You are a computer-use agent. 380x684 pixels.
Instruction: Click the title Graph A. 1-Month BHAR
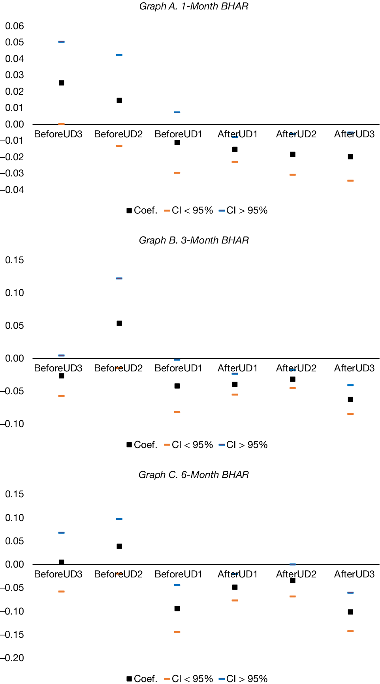194,6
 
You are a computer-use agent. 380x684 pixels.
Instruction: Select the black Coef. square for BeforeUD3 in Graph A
62,83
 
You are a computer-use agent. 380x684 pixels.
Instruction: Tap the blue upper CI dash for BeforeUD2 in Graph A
119,55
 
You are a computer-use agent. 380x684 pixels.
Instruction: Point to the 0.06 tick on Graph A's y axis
15,26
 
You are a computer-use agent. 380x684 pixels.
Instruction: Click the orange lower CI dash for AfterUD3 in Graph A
350,180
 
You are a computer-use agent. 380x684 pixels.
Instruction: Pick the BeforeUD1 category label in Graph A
178,134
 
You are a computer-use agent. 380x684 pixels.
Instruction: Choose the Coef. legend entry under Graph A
142,210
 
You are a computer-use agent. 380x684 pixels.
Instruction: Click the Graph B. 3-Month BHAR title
194,240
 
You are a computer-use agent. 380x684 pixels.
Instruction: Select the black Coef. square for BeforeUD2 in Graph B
119,323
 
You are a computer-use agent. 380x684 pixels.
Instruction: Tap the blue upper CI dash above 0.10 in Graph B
119,278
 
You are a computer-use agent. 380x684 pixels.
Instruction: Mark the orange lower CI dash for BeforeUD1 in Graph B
177,412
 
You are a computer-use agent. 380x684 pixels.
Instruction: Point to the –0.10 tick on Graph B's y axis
12,424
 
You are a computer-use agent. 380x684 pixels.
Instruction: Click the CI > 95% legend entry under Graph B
243,445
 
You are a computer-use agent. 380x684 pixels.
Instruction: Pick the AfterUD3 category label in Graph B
354,368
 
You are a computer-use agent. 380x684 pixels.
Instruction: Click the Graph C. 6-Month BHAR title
194,475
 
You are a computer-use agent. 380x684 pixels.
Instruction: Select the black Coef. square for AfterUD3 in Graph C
350,612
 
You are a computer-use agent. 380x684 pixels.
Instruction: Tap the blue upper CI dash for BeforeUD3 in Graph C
62,532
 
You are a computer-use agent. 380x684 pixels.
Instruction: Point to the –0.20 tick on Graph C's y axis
12,658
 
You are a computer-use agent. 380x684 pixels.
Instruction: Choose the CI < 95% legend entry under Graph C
188,678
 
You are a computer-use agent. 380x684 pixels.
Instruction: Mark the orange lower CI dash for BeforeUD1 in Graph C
177,632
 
